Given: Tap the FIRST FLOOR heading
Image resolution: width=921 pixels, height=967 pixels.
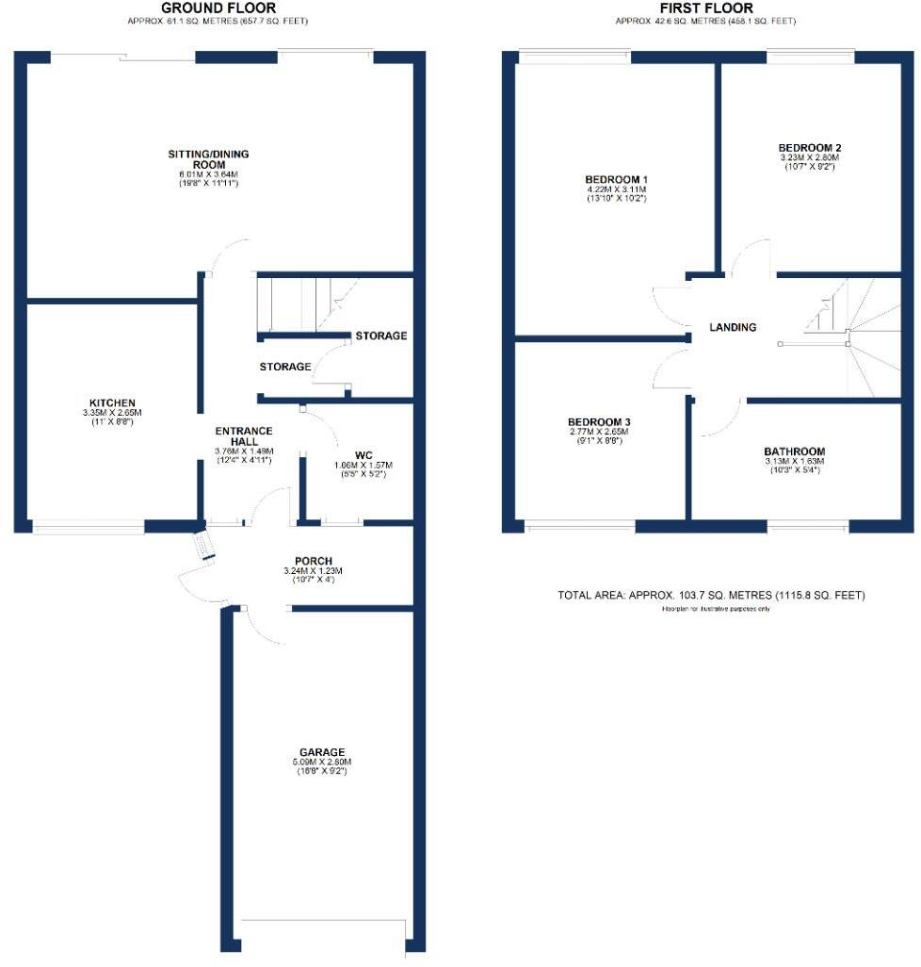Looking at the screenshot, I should pyautogui.click(x=707, y=8).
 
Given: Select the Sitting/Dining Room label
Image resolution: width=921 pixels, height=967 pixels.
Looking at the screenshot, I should pyautogui.click(x=208, y=158).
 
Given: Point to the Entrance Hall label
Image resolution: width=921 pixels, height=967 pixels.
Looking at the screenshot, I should pyautogui.click(x=244, y=436).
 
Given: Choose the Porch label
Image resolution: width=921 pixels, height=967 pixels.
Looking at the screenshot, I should pyautogui.click(x=313, y=561).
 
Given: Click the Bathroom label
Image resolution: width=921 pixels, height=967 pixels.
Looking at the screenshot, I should pyautogui.click(x=794, y=451).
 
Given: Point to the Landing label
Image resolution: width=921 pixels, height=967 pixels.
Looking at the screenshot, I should pyautogui.click(x=733, y=327).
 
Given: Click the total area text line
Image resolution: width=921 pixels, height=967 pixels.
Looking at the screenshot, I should pyautogui.click(x=711, y=596).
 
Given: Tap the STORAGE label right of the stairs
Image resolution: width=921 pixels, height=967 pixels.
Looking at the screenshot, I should pyautogui.click(x=380, y=336).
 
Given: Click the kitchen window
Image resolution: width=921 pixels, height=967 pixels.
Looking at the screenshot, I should pyautogui.click(x=89, y=527).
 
